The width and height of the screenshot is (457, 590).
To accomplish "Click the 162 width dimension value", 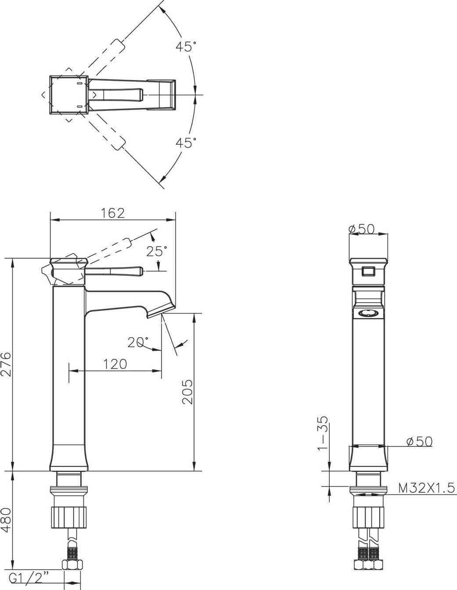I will tap(113, 213).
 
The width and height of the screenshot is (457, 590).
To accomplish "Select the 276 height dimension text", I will tap(6, 364).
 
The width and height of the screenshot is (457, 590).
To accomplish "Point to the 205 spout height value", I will tap(187, 392).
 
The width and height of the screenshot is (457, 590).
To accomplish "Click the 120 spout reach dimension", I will tap(115, 364).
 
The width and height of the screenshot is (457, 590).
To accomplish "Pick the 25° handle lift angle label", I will tap(157, 251).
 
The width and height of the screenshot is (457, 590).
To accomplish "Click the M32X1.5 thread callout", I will tap(426, 488).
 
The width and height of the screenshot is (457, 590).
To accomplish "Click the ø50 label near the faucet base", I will tap(419, 441).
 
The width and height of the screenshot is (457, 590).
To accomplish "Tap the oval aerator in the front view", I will tap(368, 313).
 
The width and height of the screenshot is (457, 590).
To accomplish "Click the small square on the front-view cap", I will tap(368, 272).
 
